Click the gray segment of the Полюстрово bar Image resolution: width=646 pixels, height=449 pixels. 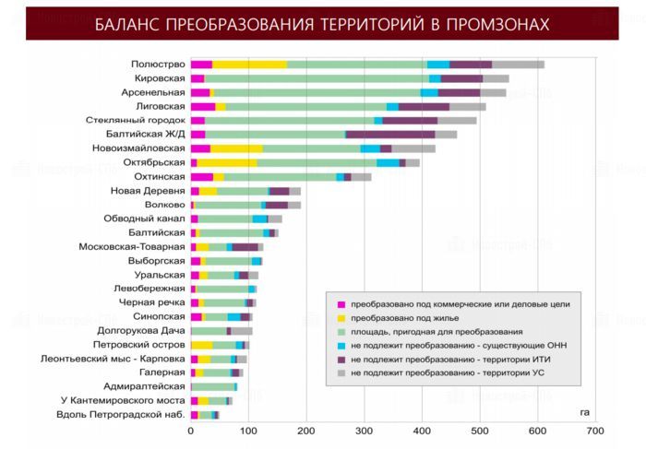point(518,65)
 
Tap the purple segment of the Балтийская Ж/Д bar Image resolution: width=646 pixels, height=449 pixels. point(389,135)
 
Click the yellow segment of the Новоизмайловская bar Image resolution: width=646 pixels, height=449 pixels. point(236,148)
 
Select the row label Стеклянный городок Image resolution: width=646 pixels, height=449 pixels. point(136,121)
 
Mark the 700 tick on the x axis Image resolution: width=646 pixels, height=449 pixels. point(594,431)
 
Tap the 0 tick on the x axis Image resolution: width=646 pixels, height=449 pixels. point(191,431)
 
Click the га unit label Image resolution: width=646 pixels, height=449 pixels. point(584,411)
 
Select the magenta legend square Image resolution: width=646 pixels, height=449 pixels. point(340,303)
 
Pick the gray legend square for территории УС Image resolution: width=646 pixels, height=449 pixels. point(340,372)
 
